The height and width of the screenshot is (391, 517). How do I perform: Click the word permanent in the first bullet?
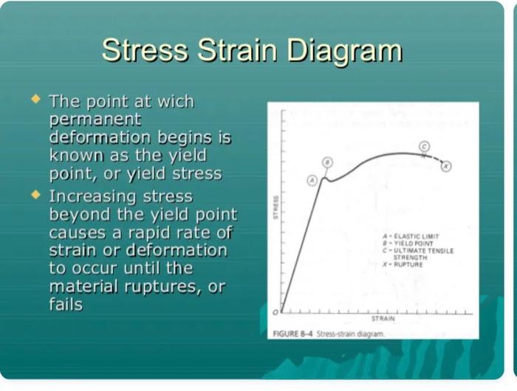click(95, 119)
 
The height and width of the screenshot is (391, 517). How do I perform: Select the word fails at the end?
click(66, 304)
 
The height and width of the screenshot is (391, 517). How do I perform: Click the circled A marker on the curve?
click(312, 179)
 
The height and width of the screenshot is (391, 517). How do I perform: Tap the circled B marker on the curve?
click(327, 162)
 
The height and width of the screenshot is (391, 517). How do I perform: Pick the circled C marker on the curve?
click(424, 146)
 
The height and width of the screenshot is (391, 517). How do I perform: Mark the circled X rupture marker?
click(446, 166)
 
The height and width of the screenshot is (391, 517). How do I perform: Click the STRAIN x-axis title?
click(383, 319)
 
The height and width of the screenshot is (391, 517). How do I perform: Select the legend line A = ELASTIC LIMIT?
click(416, 237)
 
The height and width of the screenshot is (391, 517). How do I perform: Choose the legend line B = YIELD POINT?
click(414, 243)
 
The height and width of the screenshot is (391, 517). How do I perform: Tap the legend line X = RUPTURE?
click(408, 264)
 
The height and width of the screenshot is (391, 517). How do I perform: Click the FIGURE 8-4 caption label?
click(293, 333)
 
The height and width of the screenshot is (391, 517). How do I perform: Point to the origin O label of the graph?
click(275, 313)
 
